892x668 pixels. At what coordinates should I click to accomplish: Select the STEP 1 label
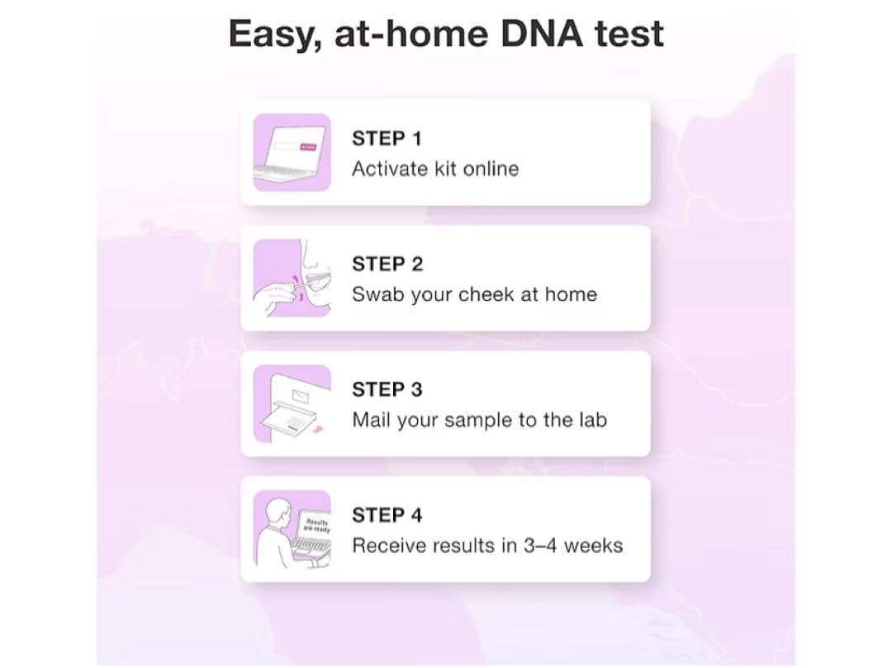[386, 139]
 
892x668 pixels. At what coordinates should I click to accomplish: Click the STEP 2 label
[387, 265]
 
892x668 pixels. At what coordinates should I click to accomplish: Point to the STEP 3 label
[387, 389]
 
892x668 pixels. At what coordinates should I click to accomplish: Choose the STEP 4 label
[387, 516]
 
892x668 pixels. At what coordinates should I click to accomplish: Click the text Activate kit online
[435, 169]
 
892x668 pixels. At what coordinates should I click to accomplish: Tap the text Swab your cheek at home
[474, 294]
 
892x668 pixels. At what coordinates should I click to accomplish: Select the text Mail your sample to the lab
[479, 420]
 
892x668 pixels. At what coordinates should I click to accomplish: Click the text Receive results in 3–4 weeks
[487, 546]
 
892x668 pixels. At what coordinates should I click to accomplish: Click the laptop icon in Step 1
[292, 153]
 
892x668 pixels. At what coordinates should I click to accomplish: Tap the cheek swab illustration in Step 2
[292, 278]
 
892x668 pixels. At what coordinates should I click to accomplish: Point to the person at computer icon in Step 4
[292, 529]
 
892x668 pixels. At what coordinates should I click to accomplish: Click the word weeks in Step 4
[593, 546]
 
